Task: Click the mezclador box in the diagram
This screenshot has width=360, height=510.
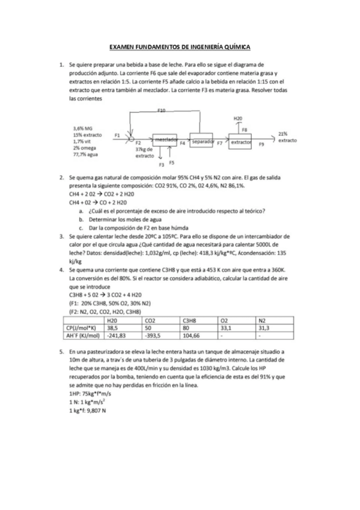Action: pyautogui.click(x=164, y=140)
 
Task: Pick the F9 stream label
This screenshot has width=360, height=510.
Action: pyautogui.click(x=261, y=144)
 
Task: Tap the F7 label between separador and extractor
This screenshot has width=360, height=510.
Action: pyautogui.click(x=219, y=144)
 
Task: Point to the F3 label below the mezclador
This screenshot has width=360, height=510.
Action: pyautogui.click(x=160, y=164)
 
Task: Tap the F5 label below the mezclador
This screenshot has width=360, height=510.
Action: pyautogui.click(x=171, y=162)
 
